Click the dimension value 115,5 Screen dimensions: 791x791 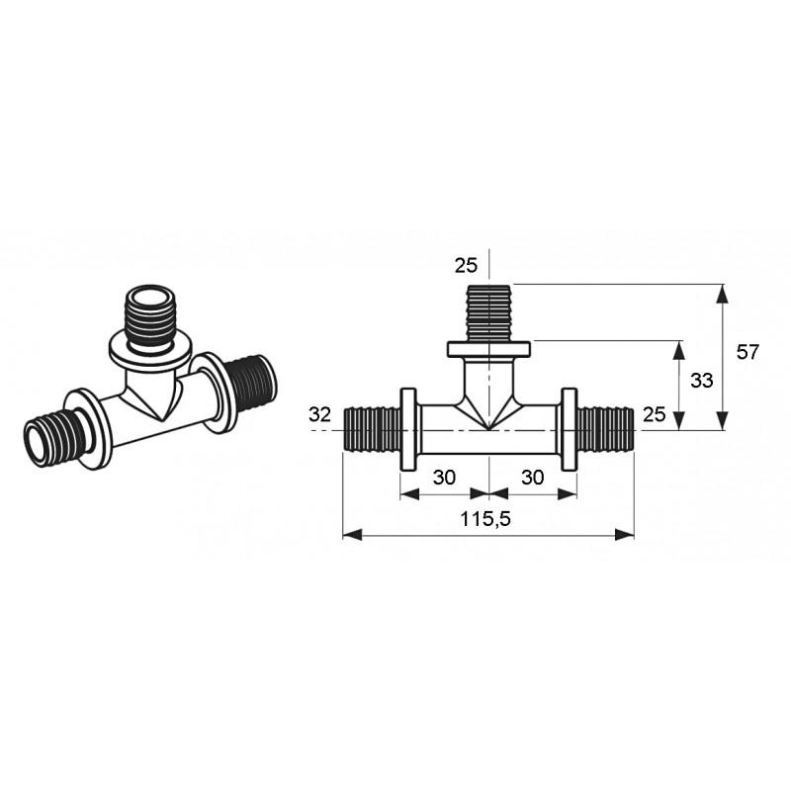(x=485, y=518)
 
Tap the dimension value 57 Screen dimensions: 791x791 (x=747, y=352)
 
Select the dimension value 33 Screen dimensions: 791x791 (x=701, y=381)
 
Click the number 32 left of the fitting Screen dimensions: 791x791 (x=319, y=414)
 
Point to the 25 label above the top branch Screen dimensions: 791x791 (x=466, y=265)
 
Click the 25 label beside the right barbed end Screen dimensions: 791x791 (x=655, y=414)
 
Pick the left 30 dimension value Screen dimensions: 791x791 (x=444, y=477)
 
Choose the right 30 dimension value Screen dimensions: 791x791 (x=533, y=477)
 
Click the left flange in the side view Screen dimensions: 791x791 (x=408, y=429)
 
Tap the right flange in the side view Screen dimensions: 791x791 (x=570, y=429)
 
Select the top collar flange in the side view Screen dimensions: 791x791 (x=488, y=349)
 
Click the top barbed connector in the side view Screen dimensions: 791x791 (x=488, y=312)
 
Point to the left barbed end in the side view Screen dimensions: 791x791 (x=372, y=430)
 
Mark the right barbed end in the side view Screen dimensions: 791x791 (x=605, y=430)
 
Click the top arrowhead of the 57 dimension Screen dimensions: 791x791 (x=723, y=293)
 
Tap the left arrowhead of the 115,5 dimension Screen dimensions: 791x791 (x=352, y=535)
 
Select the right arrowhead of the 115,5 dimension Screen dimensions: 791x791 (x=625, y=535)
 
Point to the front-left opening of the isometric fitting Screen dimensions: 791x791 (x=39, y=442)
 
